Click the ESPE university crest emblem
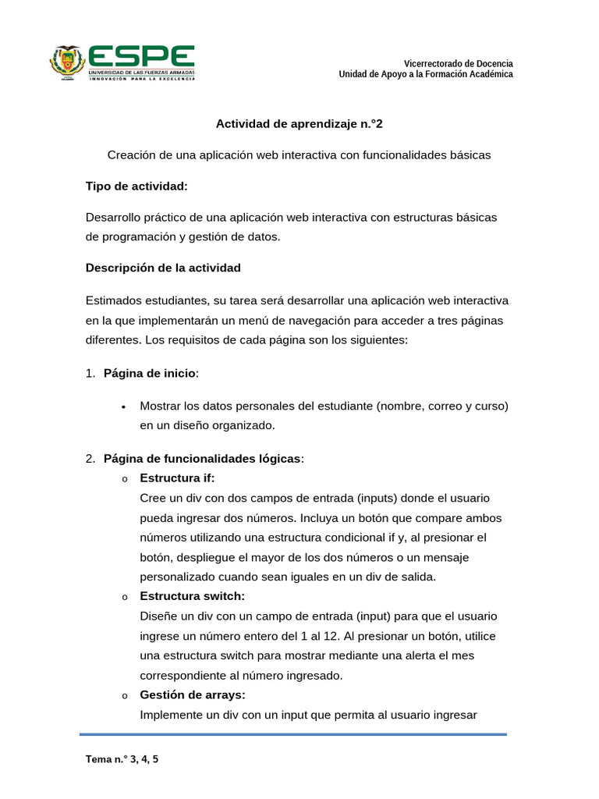tap(67, 62)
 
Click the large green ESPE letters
tap(140, 55)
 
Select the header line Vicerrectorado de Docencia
tap(458, 63)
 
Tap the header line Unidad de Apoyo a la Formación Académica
tap(425, 74)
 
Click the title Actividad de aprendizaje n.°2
tap(299, 123)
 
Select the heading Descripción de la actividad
tap(163, 268)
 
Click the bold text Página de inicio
tap(150, 373)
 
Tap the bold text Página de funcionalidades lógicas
tap(202, 458)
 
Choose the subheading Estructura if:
tap(177, 478)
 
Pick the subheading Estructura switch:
tap(192, 596)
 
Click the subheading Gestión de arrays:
tap(192, 694)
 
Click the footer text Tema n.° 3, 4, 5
tap(122, 758)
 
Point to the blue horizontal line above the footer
tap(293, 734)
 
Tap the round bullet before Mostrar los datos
tap(124, 407)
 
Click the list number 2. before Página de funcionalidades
tap(90, 458)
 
